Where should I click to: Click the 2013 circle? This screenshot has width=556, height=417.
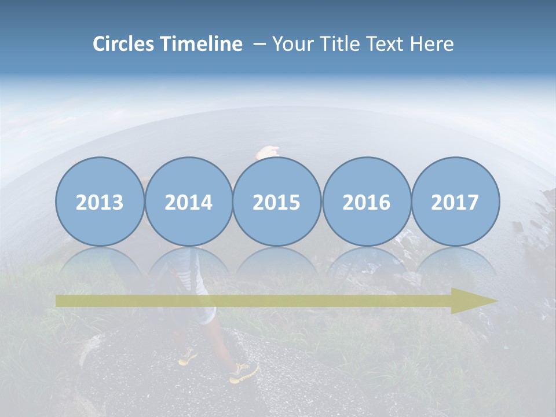point(100,202)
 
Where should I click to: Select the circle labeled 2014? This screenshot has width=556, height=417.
point(188,202)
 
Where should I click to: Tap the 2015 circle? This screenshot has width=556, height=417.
point(277,202)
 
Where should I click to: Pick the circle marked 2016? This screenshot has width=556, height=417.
point(366,202)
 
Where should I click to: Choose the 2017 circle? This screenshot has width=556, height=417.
point(455,202)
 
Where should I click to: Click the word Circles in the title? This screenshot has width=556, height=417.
point(125,44)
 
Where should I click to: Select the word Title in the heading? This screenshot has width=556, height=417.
point(341,44)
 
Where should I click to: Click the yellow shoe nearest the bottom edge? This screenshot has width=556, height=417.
point(243,373)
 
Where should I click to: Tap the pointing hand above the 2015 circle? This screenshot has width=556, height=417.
point(268,152)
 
